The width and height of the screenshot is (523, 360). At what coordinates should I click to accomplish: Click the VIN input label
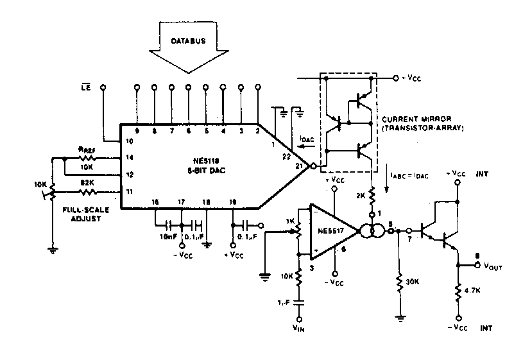[x=299, y=329]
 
